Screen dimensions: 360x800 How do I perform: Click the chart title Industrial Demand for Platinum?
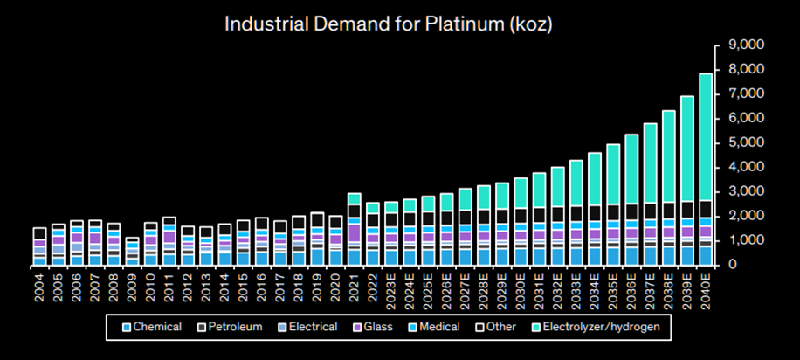389,24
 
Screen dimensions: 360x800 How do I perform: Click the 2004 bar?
39,246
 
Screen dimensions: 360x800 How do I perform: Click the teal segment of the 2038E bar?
669,157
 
